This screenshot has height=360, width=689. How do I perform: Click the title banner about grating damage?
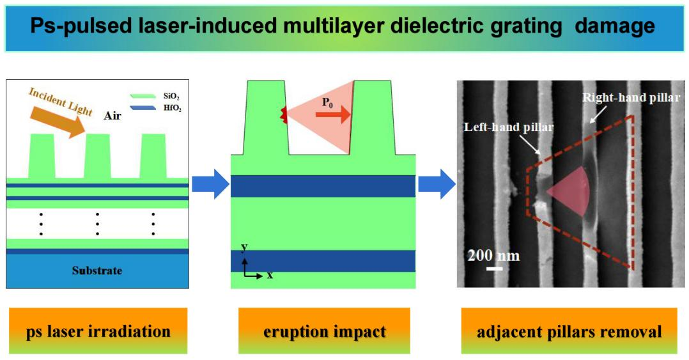pos(344,27)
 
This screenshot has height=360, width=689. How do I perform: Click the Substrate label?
pos(97,270)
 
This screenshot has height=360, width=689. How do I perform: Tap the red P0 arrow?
pos(333,115)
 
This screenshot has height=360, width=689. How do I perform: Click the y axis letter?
pos(244,246)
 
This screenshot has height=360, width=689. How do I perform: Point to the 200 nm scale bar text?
pos(493,256)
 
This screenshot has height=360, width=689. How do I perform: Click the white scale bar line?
pos(493,268)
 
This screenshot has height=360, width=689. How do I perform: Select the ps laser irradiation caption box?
pos(98,331)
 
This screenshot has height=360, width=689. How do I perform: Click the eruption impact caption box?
pos(324,331)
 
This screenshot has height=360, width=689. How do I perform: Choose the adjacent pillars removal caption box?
pos(569,331)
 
